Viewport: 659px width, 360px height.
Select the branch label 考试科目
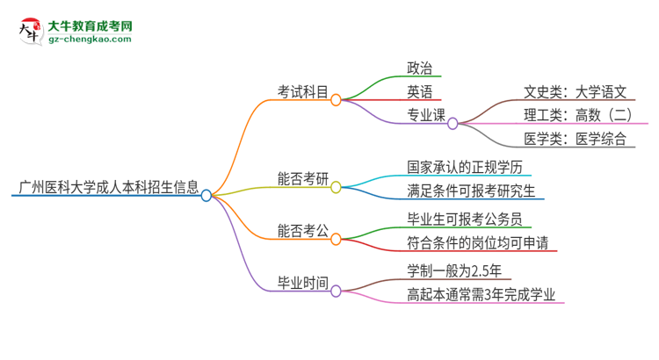[303, 90]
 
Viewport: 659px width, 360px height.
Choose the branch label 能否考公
[303, 232]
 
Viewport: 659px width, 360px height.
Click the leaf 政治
[419, 68]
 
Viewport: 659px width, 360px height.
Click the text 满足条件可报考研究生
[470, 190]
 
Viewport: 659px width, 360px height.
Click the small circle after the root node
[206, 195]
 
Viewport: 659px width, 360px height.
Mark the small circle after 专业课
[453, 124]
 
